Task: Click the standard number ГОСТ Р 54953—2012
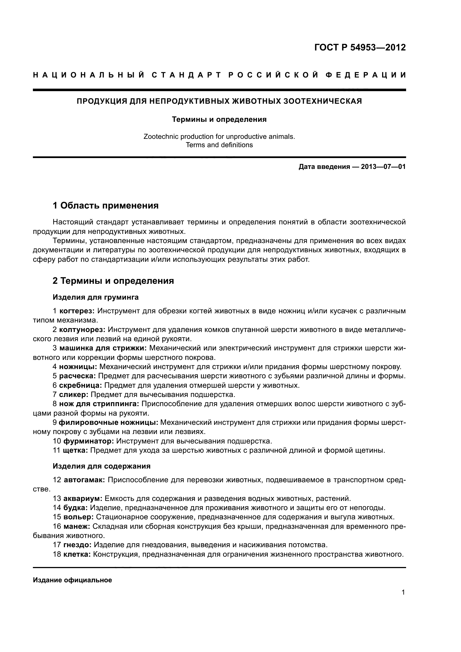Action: (x=360, y=47)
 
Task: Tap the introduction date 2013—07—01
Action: (x=383, y=167)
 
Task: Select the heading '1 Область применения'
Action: (x=106, y=205)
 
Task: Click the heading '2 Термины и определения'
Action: (x=113, y=281)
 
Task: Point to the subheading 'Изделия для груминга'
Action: (x=96, y=297)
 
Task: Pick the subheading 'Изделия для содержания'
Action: (x=102, y=466)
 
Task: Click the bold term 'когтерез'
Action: (x=77, y=311)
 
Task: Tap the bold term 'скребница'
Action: (x=81, y=385)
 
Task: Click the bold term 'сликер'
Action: (x=74, y=394)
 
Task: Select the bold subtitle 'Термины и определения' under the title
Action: (x=219, y=120)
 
